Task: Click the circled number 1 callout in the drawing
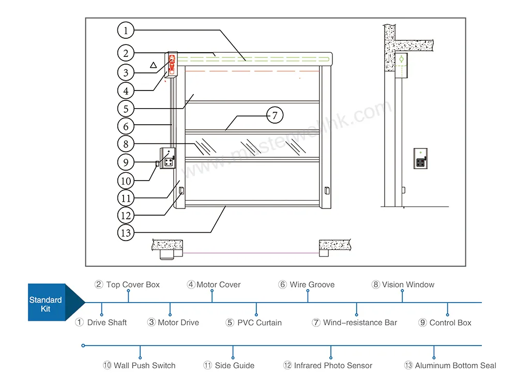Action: click(126, 30)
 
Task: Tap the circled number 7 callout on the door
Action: click(275, 115)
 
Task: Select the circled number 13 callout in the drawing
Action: click(126, 232)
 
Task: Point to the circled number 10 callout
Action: click(126, 181)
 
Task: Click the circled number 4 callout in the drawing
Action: click(126, 91)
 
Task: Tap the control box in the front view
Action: click(168, 159)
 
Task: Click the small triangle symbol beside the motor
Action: click(153, 65)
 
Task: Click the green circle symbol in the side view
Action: click(401, 60)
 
